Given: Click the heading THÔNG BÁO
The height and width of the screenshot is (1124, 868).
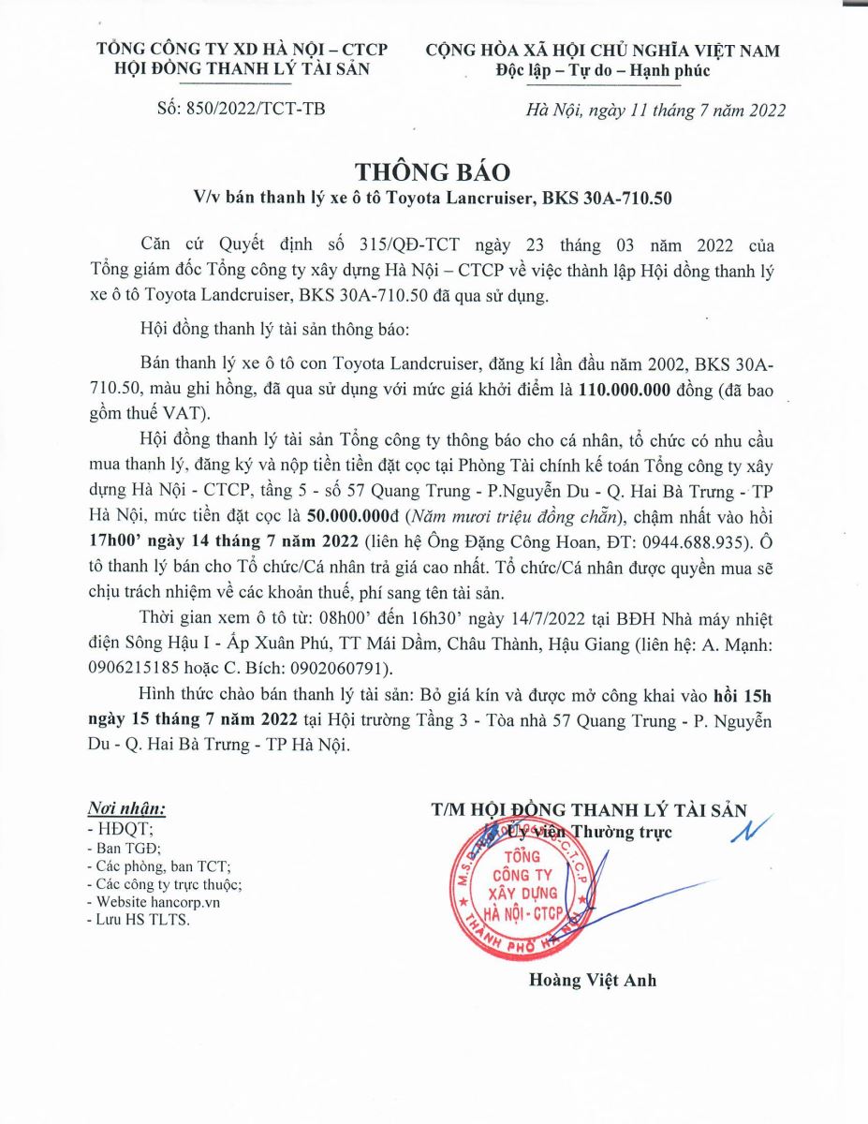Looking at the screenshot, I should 433,171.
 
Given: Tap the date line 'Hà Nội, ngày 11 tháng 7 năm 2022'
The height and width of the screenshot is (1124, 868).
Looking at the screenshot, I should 655,111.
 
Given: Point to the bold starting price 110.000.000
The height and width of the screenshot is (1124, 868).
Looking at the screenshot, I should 622,392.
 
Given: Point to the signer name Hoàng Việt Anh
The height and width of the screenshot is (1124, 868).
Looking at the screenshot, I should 593,981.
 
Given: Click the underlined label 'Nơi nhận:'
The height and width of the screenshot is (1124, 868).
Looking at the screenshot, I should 126,808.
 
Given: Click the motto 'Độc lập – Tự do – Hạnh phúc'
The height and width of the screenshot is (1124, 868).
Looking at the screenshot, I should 603,70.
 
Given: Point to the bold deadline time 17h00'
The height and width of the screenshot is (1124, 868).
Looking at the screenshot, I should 112,540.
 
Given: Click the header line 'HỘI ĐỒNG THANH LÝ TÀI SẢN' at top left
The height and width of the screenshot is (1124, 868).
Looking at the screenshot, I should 242,69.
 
